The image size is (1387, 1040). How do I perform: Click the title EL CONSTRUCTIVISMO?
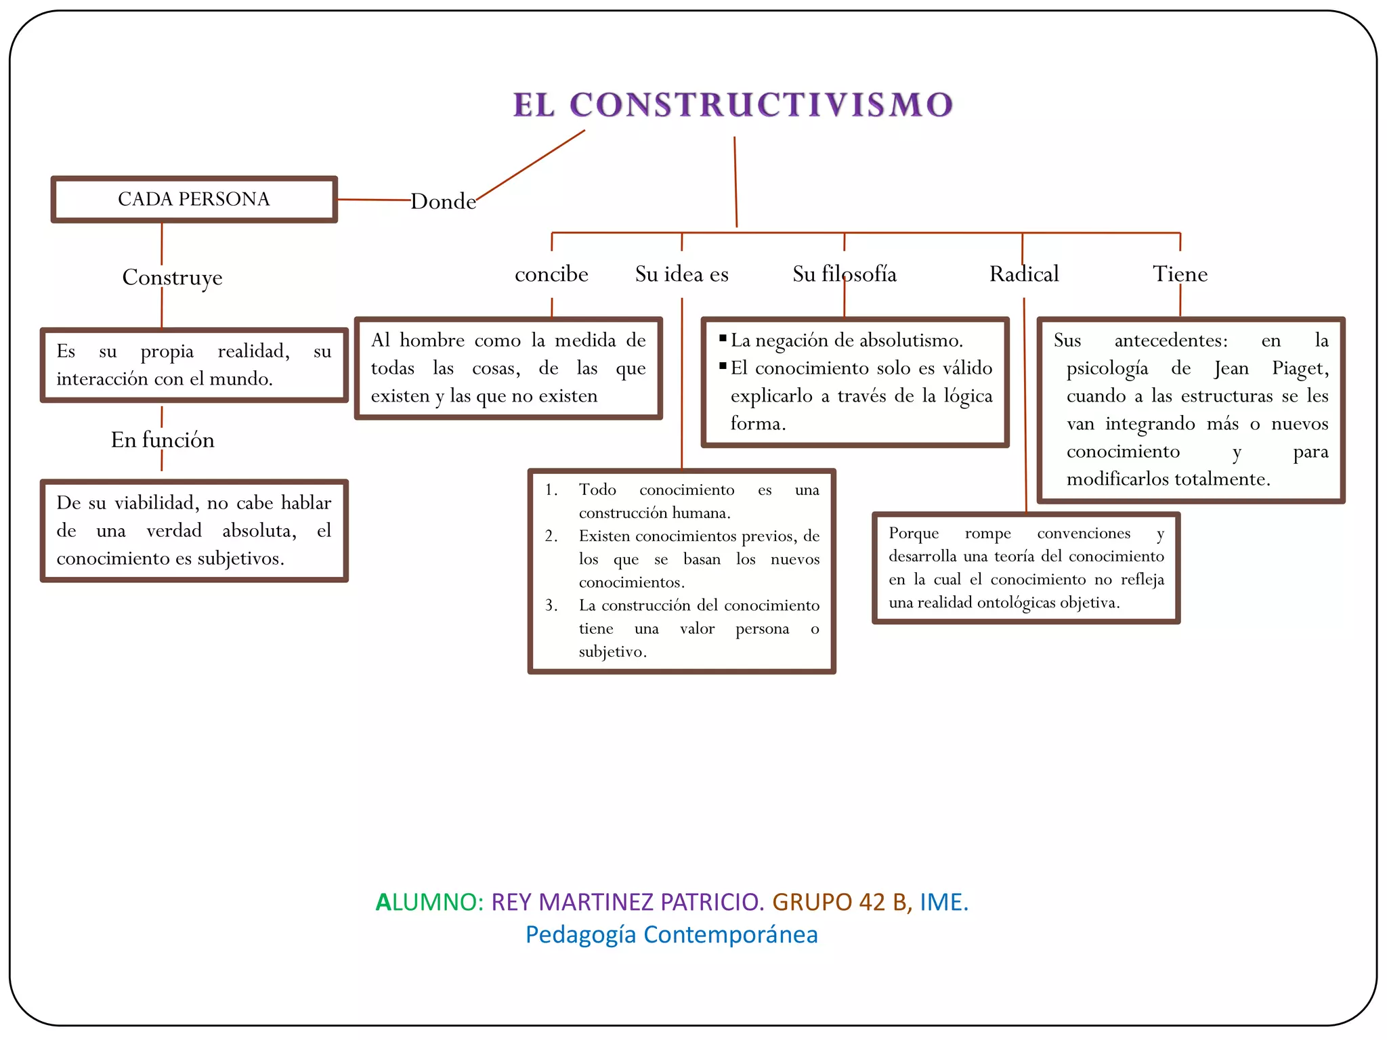[x=733, y=105]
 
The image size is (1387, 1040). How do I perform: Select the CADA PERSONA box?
[x=194, y=199]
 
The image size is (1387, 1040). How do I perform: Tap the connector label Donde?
[x=443, y=201]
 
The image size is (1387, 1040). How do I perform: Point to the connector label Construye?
[x=172, y=277]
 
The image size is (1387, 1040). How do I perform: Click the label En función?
[x=163, y=440]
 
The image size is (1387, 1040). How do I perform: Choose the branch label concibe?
[x=551, y=274]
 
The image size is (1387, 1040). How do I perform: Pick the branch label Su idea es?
[x=681, y=274]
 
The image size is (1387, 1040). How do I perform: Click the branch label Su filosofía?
[x=844, y=274]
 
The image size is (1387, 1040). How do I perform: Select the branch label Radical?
[x=1023, y=274]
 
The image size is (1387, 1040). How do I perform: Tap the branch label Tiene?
[x=1180, y=274]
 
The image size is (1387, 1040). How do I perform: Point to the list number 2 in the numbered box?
[x=551, y=536]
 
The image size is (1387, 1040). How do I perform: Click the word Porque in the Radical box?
[x=914, y=534]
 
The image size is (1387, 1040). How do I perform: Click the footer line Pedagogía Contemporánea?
[x=671, y=934]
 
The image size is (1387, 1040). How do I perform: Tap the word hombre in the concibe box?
[x=432, y=341]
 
